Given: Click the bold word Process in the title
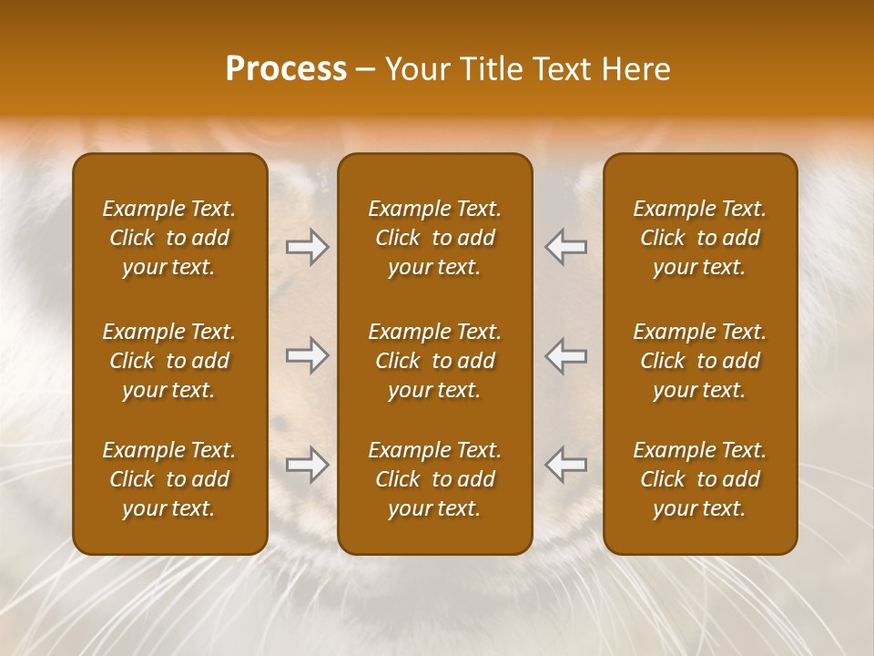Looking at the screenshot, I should pyautogui.click(x=286, y=69).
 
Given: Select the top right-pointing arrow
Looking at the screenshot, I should pyautogui.click(x=308, y=247).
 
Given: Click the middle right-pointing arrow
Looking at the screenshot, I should pyautogui.click(x=308, y=355).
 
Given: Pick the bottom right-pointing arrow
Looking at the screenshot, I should pyautogui.click(x=308, y=466).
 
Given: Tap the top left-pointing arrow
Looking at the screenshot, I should pyautogui.click(x=566, y=247).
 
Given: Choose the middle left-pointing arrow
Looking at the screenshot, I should pyautogui.click(x=566, y=355).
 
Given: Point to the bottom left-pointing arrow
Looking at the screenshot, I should pyautogui.click(x=566, y=466).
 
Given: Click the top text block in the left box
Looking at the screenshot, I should pyautogui.click(x=169, y=238).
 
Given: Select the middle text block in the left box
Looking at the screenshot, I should pyautogui.click(x=169, y=361).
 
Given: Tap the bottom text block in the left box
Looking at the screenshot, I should pyautogui.click(x=169, y=479).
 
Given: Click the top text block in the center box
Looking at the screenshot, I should pyautogui.click(x=435, y=238).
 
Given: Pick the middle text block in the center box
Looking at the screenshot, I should pyautogui.click(x=435, y=361).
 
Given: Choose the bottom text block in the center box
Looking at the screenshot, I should pyautogui.click(x=435, y=479).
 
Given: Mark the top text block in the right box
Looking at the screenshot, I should pyautogui.click(x=700, y=238).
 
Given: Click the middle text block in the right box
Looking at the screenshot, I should pyautogui.click(x=700, y=361).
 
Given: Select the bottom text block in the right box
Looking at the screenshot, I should pyautogui.click(x=700, y=479).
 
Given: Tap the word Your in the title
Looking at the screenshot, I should pyautogui.click(x=417, y=69).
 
